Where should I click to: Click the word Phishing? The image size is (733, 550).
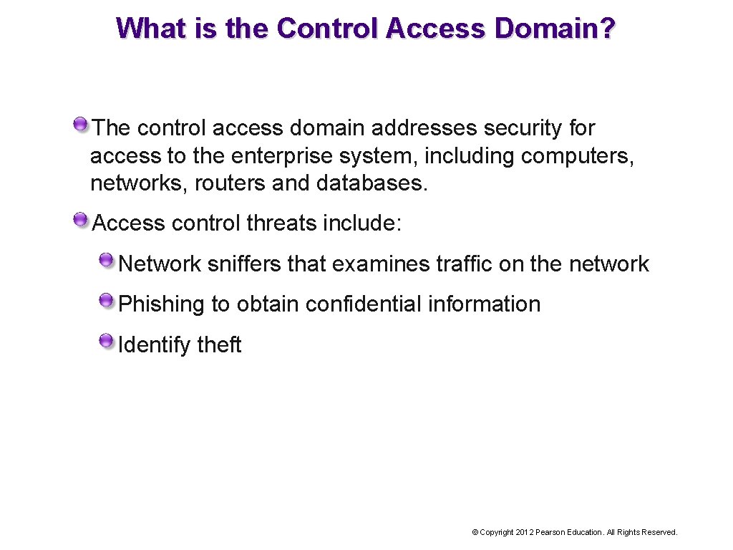coord(162,304)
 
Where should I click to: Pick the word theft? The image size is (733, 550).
coord(219,345)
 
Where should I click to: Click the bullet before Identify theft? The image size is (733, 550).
coord(107,339)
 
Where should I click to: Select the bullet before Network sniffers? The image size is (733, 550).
coord(107,259)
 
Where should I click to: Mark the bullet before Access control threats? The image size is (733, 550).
coord(81,218)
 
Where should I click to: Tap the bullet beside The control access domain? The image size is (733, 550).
coord(81,123)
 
